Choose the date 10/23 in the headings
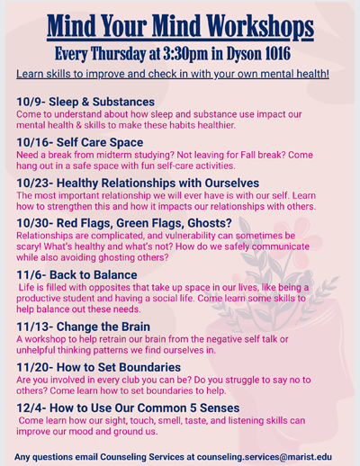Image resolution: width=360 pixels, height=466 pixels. click(x=35, y=182)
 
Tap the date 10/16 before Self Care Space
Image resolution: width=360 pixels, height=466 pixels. click(x=35, y=142)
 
